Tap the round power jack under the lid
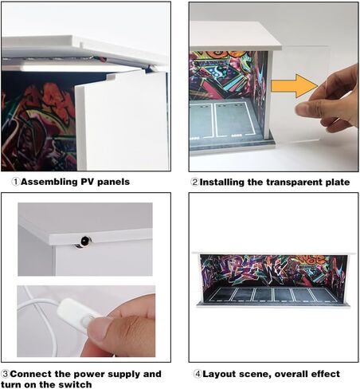click(85, 242)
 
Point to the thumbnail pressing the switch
click(99, 329)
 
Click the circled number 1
click(16, 182)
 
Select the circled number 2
click(195, 183)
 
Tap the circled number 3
click(5, 374)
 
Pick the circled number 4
click(198, 374)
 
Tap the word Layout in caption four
click(219, 375)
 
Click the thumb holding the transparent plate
click(306, 108)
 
